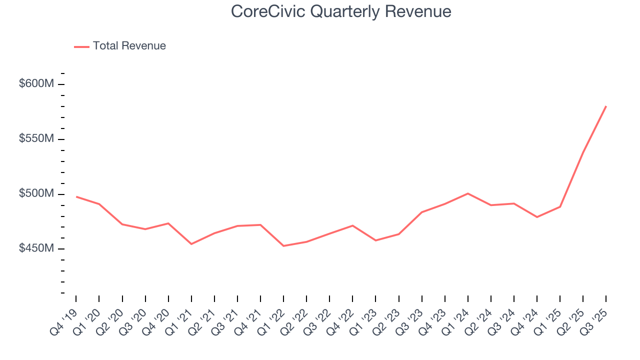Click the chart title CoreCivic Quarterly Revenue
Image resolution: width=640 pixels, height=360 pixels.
341,11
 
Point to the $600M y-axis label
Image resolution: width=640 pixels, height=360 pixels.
36,84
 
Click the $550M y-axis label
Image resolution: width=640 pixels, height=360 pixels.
36,138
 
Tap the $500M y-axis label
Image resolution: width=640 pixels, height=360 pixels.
36,193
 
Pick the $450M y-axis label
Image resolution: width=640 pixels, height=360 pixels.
36,248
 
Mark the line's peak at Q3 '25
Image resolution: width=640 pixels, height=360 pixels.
606,106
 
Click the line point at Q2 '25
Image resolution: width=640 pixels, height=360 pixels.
583,152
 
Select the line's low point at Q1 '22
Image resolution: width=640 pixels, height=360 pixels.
283,245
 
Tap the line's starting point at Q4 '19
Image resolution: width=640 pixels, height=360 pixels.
76,196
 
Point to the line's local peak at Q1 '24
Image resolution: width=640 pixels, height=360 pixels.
467,193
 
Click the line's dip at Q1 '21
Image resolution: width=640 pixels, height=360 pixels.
191,244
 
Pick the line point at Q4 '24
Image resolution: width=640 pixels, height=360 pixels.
537,217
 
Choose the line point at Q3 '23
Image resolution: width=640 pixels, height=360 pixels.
421,212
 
